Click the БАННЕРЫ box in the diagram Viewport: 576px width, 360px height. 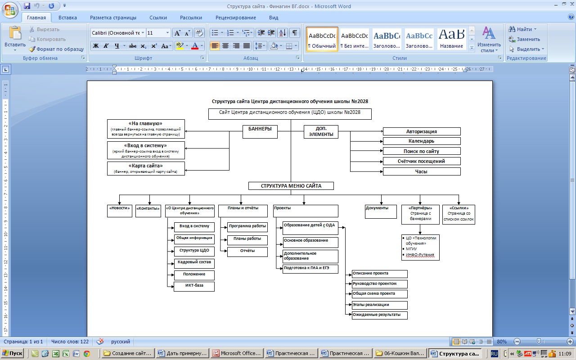[260, 132]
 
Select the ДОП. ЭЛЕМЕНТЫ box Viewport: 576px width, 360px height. [321, 132]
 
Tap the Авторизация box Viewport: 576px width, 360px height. [422, 131]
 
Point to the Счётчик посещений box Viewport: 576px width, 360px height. [422, 161]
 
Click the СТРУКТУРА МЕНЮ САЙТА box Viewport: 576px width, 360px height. [291, 186]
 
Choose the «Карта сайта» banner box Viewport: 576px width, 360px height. [146, 168]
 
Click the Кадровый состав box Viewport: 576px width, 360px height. [194, 263]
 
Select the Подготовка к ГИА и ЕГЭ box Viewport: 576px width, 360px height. [310, 269]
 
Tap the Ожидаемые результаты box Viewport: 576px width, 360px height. [379, 315]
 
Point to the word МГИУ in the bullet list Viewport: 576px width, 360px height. [411, 249]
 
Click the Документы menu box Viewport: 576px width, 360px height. [381, 211]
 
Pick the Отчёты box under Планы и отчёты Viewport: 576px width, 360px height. [247, 252]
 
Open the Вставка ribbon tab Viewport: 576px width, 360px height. [67, 18]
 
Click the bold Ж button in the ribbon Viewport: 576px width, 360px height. [96, 46]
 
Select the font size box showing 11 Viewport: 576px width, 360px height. [158, 33]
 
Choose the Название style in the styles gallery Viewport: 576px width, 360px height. [451, 39]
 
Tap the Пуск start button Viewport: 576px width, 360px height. [12, 353]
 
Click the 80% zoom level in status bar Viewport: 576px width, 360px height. [502, 342]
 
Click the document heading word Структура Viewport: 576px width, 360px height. [224, 101]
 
